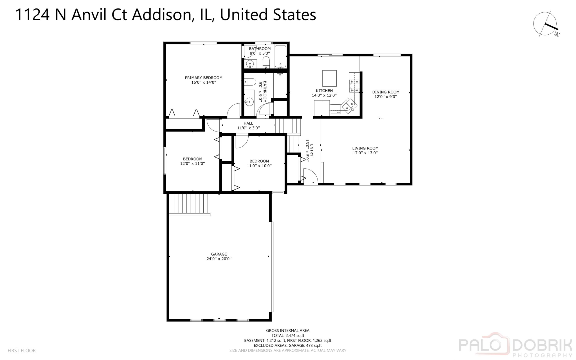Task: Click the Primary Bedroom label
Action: (x=203, y=78)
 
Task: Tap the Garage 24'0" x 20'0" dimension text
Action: (x=219, y=259)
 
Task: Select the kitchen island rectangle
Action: (x=329, y=78)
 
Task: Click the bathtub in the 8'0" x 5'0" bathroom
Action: (x=280, y=56)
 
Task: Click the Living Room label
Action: (x=365, y=148)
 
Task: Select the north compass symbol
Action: (x=546, y=24)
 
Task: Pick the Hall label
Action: (x=248, y=123)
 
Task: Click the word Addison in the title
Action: (x=161, y=15)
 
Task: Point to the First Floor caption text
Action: (x=22, y=350)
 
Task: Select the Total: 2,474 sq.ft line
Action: (x=287, y=335)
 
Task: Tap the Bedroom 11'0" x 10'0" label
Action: (x=259, y=161)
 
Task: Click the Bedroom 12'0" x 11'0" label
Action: (x=192, y=159)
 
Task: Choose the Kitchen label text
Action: (x=324, y=91)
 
